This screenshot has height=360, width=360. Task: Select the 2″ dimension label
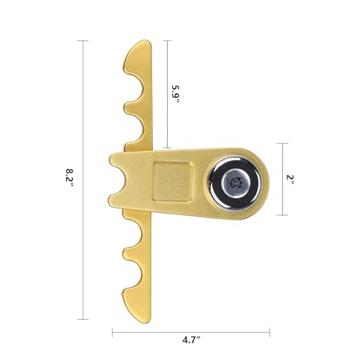tap(290, 179)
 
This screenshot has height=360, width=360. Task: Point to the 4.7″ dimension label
tap(192, 340)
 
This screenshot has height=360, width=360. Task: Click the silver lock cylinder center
tap(234, 181)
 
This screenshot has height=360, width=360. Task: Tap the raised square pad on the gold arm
tap(173, 181)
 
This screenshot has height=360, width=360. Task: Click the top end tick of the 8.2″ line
tap(83, 41)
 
